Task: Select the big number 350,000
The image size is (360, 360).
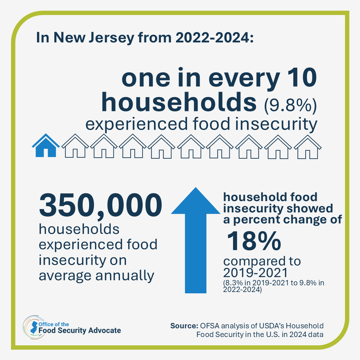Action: pyautogui.click(x=100, y=206)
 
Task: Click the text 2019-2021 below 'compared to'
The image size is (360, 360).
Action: pyautogui.click(x=255, y=273)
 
